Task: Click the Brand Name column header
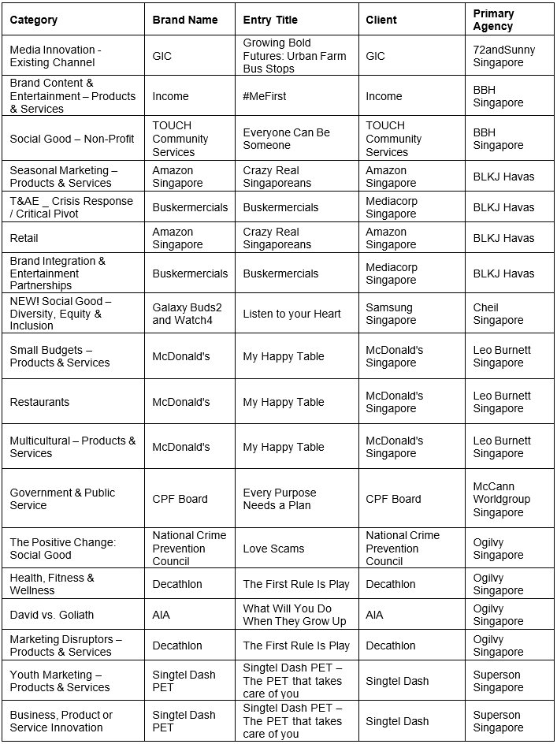[x=184, y=20]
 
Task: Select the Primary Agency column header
[x=493, y=20]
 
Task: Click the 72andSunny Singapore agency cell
[x=503, y=56]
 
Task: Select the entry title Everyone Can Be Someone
[x=286, y=139]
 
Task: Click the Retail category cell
[x=24, y=238]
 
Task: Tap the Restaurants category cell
[x=39, y=402]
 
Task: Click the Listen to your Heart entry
[x=291, y=314]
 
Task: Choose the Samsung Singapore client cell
[x=391, y=314]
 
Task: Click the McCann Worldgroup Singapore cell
[x=502, y=499]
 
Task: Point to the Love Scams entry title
[x=273, y=549]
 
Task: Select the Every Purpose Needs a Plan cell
[x=279, y=499]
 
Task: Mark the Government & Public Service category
[x=62, y=499]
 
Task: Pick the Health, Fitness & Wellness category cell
[x=52, y=584]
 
